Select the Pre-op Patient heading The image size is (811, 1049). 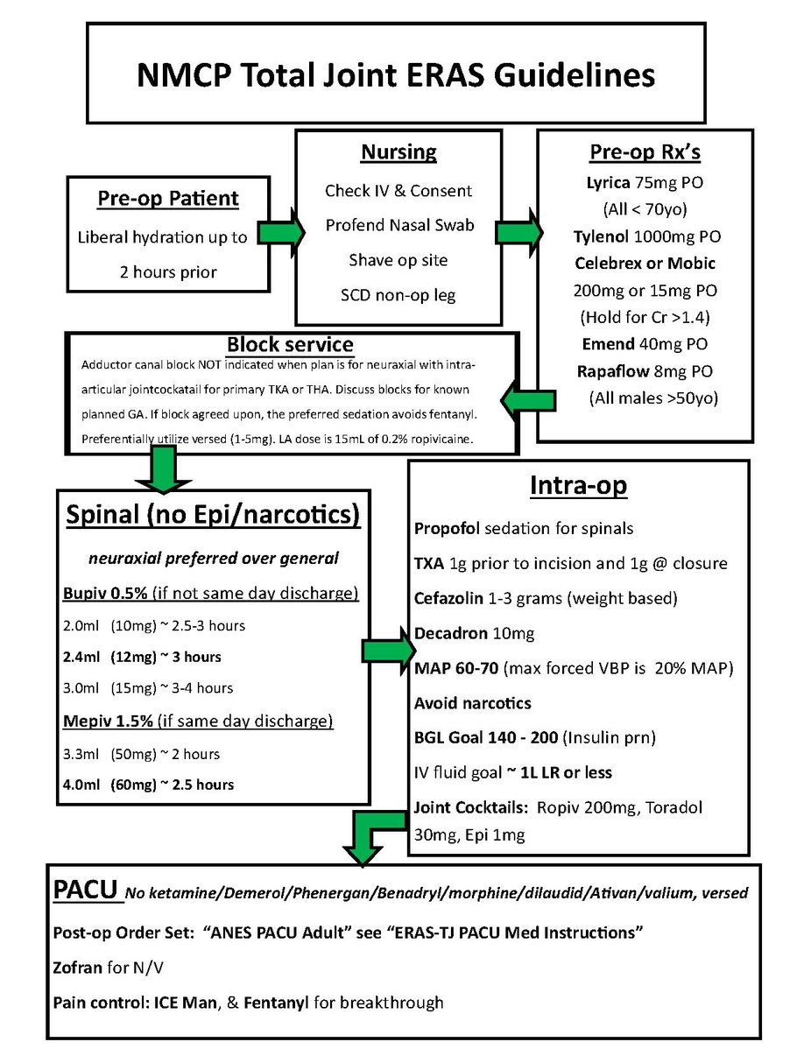(x=168, y=198)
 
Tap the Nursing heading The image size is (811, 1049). (x=398, y=151)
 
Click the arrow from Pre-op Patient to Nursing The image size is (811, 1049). (x=286, y=232)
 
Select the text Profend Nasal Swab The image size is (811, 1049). (x=398, y=225)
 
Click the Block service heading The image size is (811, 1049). (x=290, y=344)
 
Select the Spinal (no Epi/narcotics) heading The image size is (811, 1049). (x=213, y=516)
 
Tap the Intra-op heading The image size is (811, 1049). (x=578, y=485)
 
